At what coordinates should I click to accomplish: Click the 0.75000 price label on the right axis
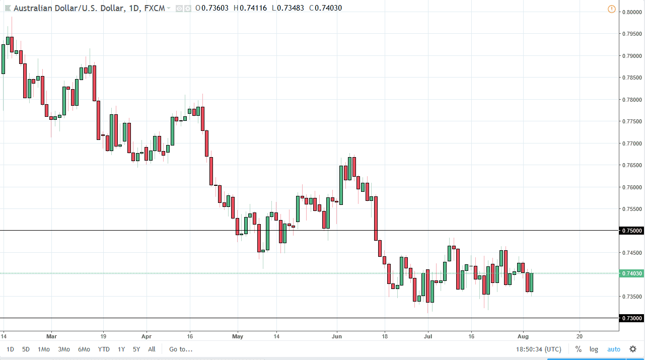(x=631, y=231)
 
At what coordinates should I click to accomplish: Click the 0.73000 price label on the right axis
(x=631, y=318)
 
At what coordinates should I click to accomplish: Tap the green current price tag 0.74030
(x=631, y=273)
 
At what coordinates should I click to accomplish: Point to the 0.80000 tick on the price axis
(x=631, y=12)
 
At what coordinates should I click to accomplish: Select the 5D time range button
(x=26, y=349)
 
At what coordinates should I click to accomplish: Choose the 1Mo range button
(x=44, y=349)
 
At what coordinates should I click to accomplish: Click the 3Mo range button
(x=64, y=349)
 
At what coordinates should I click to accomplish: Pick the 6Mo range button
(x=84, y=349)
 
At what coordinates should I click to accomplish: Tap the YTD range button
(x=104, y=349)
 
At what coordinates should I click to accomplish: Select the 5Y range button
(x=136, y=349)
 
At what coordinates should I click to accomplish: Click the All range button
(x=152, y=349)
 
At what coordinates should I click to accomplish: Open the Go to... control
(x=180, y=349)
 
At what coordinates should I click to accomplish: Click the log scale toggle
(x=594, y=349)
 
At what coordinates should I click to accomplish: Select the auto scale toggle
(x=614, y=349)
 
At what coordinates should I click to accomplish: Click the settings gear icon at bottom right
(x=633, y=349)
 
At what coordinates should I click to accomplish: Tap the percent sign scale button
(x=579, y=349)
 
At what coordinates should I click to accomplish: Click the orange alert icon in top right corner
(x=612, y=9)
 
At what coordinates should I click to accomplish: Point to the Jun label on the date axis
(x=337, y=335)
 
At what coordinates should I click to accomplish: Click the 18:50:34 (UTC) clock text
(x=539, y=349)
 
